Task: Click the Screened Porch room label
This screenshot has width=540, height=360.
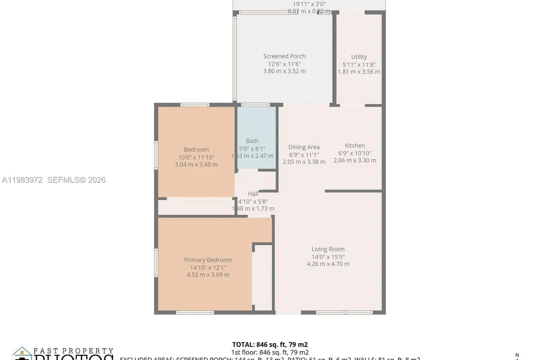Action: pos(284,56)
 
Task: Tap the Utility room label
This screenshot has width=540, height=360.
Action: pos(359,57)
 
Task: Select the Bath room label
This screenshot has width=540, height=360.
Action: pos(252,141)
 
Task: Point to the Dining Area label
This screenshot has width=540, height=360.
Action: pos(304,147)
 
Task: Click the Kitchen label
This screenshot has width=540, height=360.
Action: pos(355,145)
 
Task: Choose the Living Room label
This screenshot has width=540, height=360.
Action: pos(328,249)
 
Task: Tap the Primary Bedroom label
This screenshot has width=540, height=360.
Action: pos(208,260)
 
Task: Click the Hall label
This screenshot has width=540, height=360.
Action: pos(253,194)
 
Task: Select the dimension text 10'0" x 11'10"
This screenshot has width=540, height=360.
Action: pos(196,157)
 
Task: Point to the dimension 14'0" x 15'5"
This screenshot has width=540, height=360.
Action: pos(328,256)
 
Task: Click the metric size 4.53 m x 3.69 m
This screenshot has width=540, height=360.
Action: pos(208,274)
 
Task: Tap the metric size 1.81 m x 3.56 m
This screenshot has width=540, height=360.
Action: pos(359,72)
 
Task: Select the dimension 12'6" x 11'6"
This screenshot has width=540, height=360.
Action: pos(284,63)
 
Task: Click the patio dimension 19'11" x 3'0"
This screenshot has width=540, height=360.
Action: pos(309,4)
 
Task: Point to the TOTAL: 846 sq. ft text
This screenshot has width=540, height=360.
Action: pos(270,345)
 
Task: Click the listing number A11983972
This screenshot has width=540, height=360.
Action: pos(22,180)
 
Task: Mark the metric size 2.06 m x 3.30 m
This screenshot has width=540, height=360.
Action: pos(355,160)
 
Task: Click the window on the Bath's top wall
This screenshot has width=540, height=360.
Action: pos(256,105)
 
